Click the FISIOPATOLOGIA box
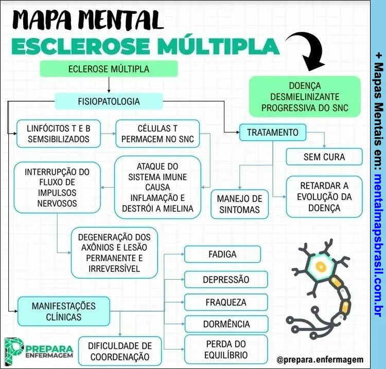point(109,101)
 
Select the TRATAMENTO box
point(272,132)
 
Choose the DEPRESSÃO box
point(225,280)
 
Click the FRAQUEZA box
point(225,302)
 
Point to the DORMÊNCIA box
point(225,324)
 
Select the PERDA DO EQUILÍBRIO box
point(225,349)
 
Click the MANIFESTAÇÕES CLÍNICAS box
point(64,311)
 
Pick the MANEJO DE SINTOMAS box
point(239,204)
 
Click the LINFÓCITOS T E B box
point(58,133)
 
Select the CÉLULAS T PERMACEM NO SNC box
point(157,133)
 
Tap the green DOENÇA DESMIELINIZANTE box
point(305,97)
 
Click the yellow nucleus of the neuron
point(321,266)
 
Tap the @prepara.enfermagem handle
point(319,360)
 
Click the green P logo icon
point(13,349)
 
